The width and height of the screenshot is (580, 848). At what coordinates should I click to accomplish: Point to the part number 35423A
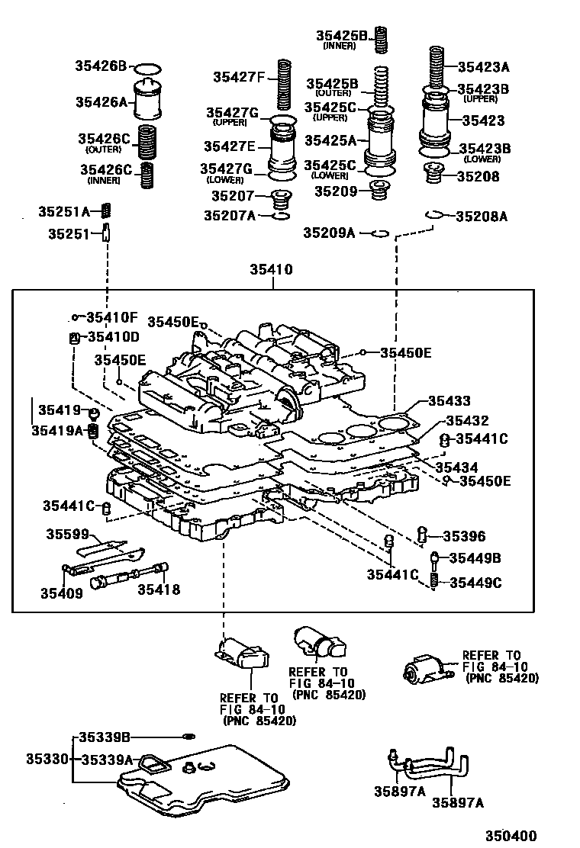point(483,66)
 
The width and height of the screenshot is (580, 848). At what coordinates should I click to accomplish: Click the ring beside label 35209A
point(380,233)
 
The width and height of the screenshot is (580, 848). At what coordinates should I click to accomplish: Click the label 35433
point(449,400)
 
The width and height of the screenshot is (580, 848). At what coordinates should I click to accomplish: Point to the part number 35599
point(67,534)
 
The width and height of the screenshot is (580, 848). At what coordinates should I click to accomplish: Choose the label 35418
point(159,589)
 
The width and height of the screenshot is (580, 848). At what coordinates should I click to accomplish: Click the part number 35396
point(464,537)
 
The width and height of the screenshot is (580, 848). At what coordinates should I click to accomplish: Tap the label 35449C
point(475,583)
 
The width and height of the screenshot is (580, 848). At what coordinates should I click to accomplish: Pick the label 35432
point(467,420)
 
